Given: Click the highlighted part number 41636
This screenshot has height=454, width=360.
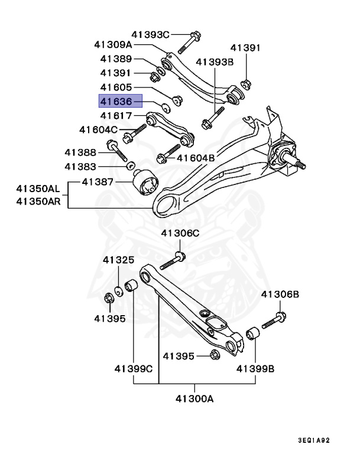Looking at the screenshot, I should pos(121,102).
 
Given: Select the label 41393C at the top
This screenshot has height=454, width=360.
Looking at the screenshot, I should pos(150,34).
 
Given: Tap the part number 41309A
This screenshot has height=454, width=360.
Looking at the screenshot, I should pos(113,44).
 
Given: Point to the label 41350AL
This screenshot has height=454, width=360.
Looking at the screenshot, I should pos(38,190).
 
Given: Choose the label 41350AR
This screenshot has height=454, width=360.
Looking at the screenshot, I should pos(38,202).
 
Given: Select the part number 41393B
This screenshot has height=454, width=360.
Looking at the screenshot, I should pos(215,61).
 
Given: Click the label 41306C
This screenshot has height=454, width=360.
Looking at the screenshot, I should pos(180,234).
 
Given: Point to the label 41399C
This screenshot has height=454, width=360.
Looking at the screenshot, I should pos(134,369).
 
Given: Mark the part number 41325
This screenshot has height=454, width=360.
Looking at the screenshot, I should pos(118,260).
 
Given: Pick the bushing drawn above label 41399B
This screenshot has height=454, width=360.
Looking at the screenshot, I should pos(253,335).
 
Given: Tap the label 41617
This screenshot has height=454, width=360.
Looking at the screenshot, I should pos(116,116).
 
